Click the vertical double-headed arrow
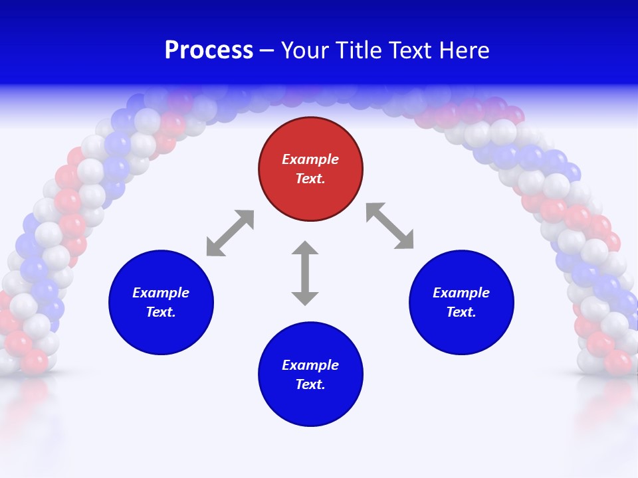click(x=305, y=273)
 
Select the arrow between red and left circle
click(x=230, y=233)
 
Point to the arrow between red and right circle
click(x=390, y=226)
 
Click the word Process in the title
click(x=209, y=50)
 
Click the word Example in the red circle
click(x=310, y=159)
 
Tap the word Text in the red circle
click(x=310, y=179)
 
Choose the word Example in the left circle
click(x=161, y=293)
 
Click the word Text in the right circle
click(x=461, y=312)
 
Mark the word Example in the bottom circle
click(x=310, y=365)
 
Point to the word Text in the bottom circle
click(x=310, y=384)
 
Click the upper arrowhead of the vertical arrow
click(x=305, y=248)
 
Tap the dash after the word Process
click(x=266, y=50)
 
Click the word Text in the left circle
click(x=161, y=312)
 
